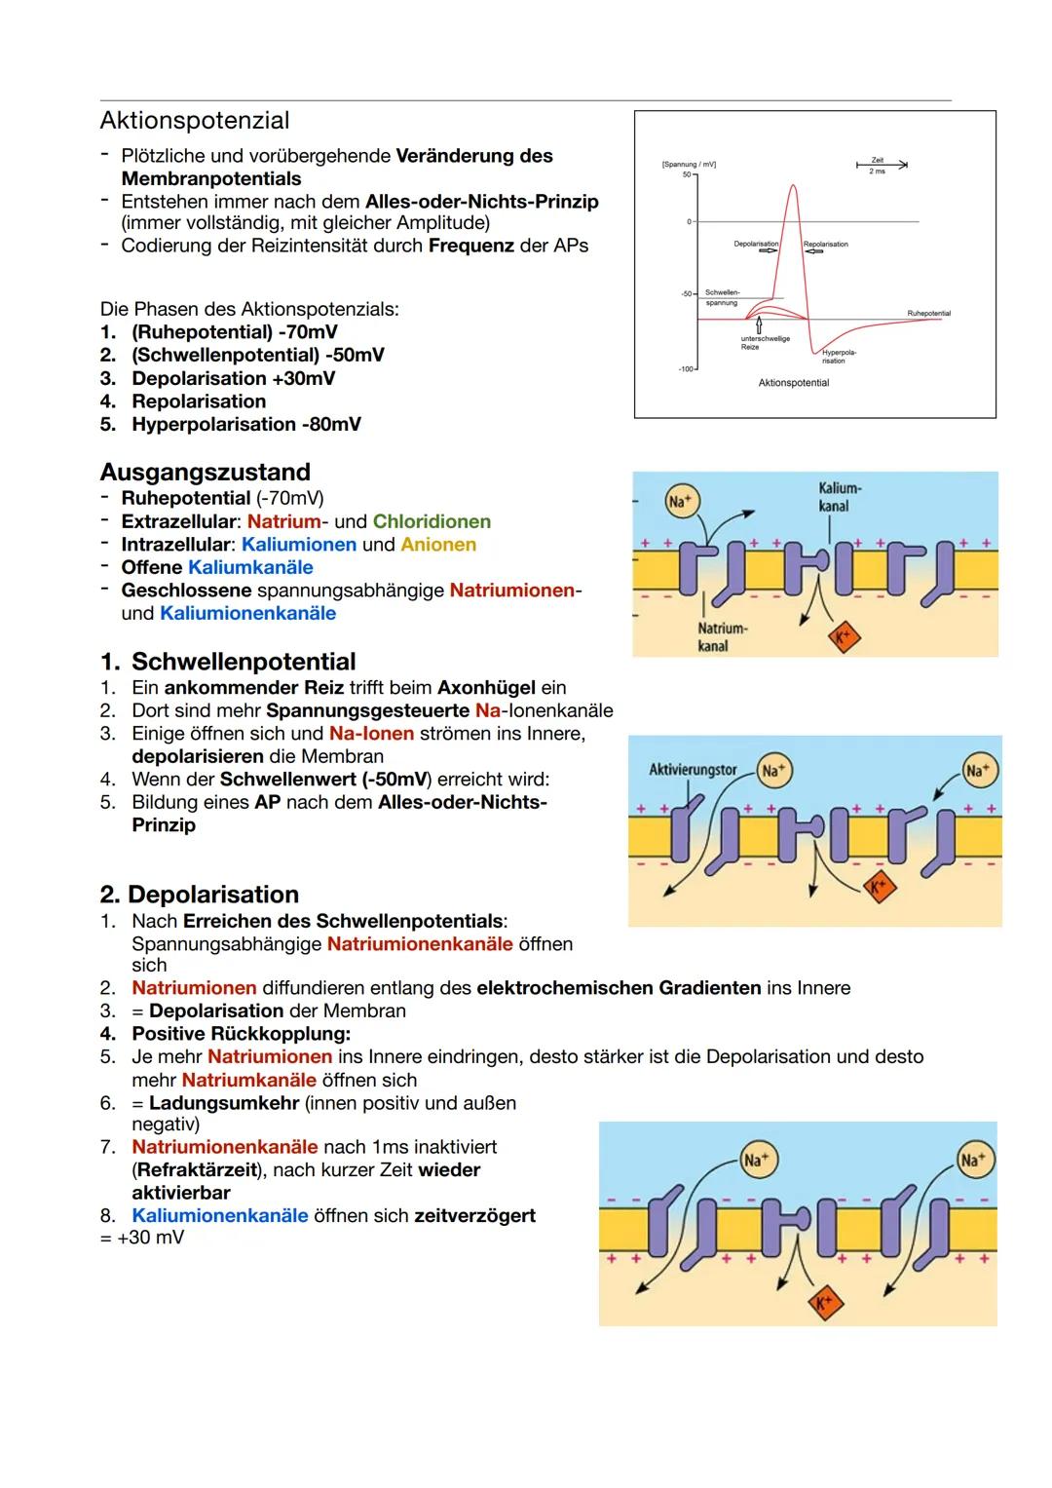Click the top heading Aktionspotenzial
pyautogui.click(x=195, y=121)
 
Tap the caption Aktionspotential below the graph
pyautogui.click(x=793, y=383)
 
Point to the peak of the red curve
pyautogui.click(x=793, y=186)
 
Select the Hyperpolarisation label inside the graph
pyautogui.click(x=834, y=357)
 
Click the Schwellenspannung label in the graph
pyautogui.click(x=722, y=297)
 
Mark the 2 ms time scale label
pyautogui.click(x=877, y=172)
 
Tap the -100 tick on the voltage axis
pyautogui.click(x=685, y=369)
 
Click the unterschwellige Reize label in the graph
pyautogui.click(x=765, y=343)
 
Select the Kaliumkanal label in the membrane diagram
pyautogui.click(x=839, y=496)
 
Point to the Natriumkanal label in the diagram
pyautogui.click(x=722, y=637)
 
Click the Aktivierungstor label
pyautogui.click(x=693, y=770)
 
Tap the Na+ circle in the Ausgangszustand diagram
pyautogui.click(x=679, y=502)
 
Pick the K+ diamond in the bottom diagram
pyautogui.click(x=824, y=1304)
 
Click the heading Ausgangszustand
pyautogui.click(x=205, y=473)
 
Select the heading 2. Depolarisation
pyautogui.click(x=199, y=895)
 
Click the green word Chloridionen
pyautogui.click(x=432, y=521)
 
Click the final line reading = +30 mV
pyautogui.click(x=142, y=1238)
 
